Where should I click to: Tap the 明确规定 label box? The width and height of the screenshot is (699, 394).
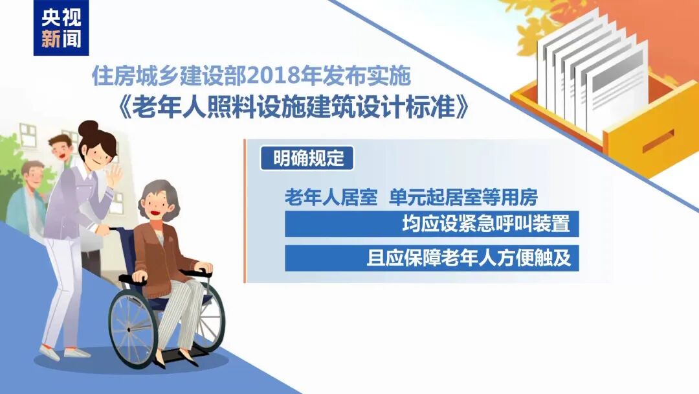click(307, 159)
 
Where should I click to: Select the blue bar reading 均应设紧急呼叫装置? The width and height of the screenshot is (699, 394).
click(431, 224)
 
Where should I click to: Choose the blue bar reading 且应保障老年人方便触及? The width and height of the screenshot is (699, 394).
click(431, 259)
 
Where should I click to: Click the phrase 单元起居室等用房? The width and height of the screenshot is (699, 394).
click(464, 197)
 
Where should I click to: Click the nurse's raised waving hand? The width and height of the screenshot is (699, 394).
click(115, 174)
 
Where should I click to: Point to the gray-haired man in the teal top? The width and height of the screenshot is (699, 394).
click(28, 194)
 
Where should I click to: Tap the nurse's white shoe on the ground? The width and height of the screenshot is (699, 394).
click(77, 353)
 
